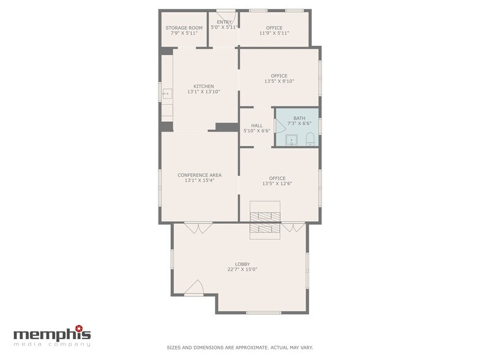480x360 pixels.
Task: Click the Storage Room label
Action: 184,28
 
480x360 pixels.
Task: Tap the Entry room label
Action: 224,22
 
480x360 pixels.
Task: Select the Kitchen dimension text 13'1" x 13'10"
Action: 203,92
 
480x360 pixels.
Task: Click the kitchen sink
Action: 167,93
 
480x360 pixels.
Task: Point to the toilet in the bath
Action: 310,139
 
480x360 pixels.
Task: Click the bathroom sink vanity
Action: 291,141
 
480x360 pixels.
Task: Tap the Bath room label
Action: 299,118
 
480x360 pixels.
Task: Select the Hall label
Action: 257,126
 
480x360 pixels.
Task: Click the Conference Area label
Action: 200,175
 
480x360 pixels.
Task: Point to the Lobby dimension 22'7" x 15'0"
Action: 242,269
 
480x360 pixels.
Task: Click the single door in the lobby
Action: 194,288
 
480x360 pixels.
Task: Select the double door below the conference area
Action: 198,228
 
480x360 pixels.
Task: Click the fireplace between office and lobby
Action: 265,220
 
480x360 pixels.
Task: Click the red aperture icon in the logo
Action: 79,328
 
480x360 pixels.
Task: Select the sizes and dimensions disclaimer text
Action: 240,348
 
